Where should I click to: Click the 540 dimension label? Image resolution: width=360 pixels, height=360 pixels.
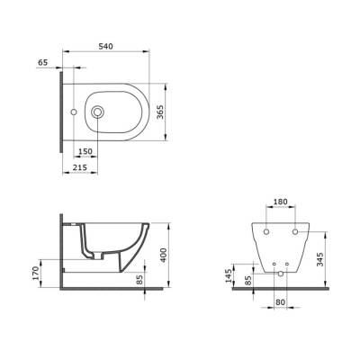coord(106,47)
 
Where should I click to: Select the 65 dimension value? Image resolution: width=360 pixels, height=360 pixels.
coord(42,62)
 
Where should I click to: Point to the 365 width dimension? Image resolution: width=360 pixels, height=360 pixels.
coord(160,112)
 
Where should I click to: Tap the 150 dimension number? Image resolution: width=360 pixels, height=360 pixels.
coord(85,151)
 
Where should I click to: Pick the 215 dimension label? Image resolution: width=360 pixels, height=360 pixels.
coord(80,167)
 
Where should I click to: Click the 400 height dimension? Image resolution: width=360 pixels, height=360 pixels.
coord(163,256)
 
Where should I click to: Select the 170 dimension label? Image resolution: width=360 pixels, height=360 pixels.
coord(36,274)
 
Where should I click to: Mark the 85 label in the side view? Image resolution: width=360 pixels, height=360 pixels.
coord(139,280)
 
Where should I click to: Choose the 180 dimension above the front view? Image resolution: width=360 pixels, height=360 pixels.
coord(280,202)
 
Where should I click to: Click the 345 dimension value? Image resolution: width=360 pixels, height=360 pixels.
coord(320,259)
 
